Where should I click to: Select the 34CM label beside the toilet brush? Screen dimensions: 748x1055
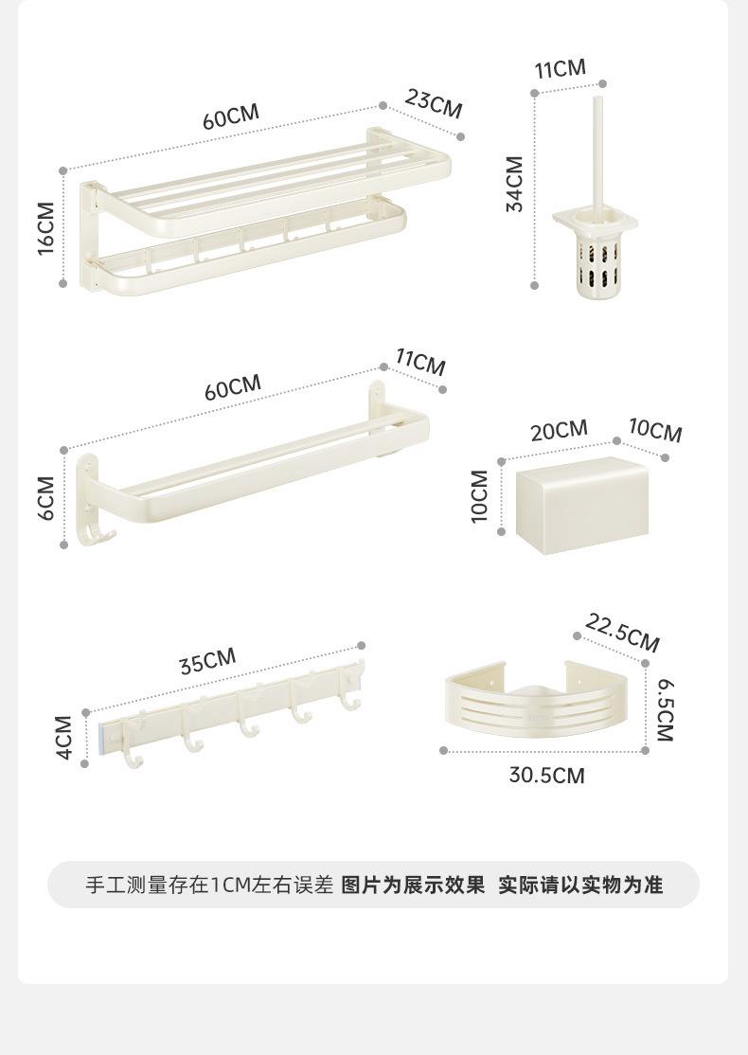(515, 183)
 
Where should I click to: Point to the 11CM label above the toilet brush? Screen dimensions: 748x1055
(560, 69)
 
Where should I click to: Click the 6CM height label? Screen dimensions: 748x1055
(46, 497)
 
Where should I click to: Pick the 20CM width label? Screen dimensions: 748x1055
(559, 430)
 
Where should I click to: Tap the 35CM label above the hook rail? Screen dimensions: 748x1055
(207, 661)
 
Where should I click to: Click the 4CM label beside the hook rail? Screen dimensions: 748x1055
(63, 737)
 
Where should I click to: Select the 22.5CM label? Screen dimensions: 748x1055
(622, 632)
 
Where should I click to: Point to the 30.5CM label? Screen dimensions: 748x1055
(546, 776)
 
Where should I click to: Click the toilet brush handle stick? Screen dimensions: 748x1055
(597, 152)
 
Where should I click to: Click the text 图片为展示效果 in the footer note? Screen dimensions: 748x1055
(413, 885)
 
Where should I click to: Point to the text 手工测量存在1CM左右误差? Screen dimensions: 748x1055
(209, 885)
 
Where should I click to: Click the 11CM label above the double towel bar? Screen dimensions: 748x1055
(419, 362)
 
